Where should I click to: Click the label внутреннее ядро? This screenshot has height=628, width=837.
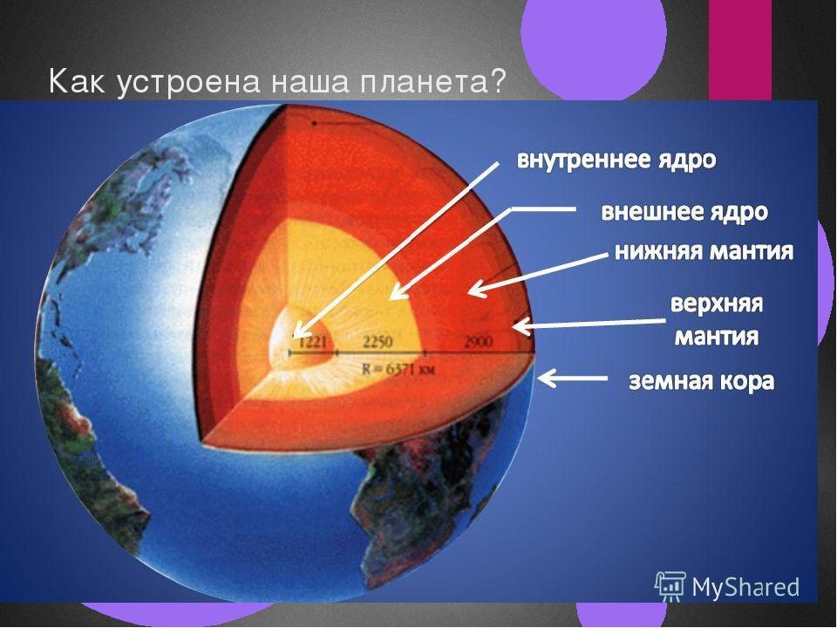click(x=616, y=160)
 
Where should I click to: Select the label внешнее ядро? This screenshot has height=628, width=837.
click(x=684, y=212)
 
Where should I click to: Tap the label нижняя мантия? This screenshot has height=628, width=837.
click(x=704, y=251)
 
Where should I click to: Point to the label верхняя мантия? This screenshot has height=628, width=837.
click(x=717, y=320)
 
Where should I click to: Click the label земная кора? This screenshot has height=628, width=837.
click(x=701, y=382)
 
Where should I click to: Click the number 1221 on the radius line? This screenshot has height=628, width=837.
click(x=312, y=342)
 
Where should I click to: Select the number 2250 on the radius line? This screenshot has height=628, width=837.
click(x=378, y=342)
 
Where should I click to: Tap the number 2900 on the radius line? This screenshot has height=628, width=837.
click(x=478, y=342)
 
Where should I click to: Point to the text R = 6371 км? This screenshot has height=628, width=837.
click(x=398, y=368)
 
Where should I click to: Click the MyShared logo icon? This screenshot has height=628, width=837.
click(x=670, y=586)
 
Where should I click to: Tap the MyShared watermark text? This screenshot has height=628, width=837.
click(x=745, y=587)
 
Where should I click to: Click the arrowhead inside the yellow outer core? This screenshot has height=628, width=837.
click(x=398, y=291)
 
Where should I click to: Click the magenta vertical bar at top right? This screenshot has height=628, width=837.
click(x=740, y=51)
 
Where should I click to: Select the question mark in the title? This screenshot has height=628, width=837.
click(x=498, y=82)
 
